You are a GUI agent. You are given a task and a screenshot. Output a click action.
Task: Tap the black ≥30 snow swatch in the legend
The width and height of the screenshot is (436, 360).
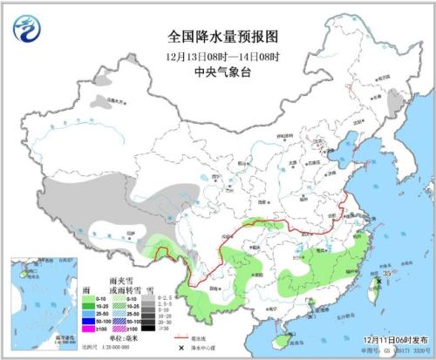click(146, 328)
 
